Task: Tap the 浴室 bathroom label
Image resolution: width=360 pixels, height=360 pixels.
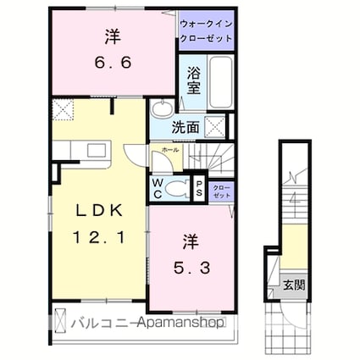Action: [x=193, y=80]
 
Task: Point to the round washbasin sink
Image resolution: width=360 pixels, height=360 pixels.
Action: [x=161, y=109]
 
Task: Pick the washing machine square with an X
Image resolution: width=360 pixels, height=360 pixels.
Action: [x=217, y=126]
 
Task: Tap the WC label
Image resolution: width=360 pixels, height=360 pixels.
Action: [x=158, y=189]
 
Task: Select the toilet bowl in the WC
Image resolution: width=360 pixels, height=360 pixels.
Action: [x=178, y=188]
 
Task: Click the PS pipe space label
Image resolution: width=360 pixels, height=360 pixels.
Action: [x=199, y=189]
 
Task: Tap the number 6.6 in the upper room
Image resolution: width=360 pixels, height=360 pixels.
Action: [x=112, y=62]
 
